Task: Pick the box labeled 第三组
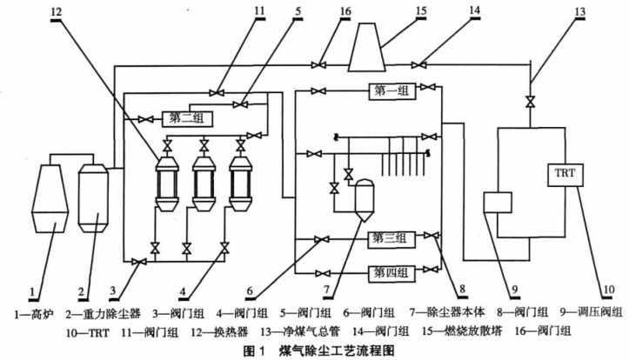point(390,237)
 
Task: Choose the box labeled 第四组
point(390,272)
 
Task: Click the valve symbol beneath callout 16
point(322,63)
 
